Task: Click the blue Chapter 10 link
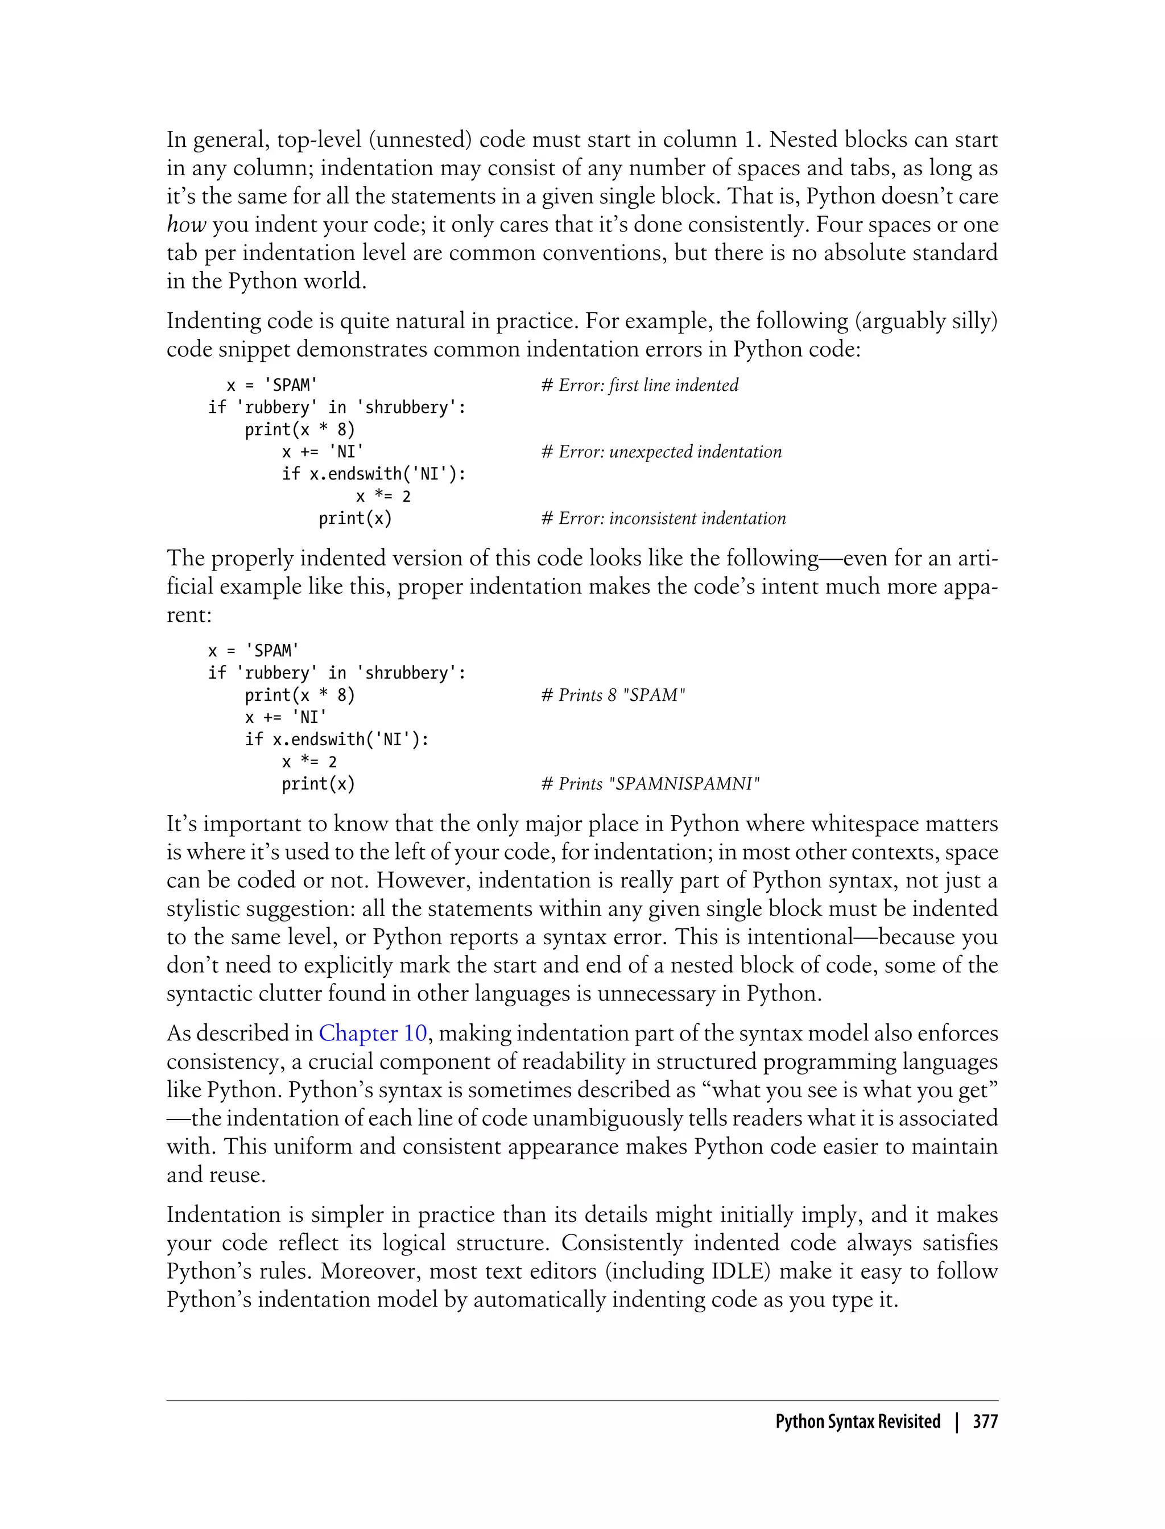pos(373,1033)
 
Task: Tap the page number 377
pos(985,1421)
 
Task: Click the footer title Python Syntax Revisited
pos(857,1421)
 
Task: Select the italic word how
pos(186,225)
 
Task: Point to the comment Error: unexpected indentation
pos(661,452)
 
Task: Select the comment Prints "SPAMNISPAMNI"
pos(650,784)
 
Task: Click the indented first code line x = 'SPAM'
pos(272,386)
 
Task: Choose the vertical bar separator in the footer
pos(957,1421)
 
